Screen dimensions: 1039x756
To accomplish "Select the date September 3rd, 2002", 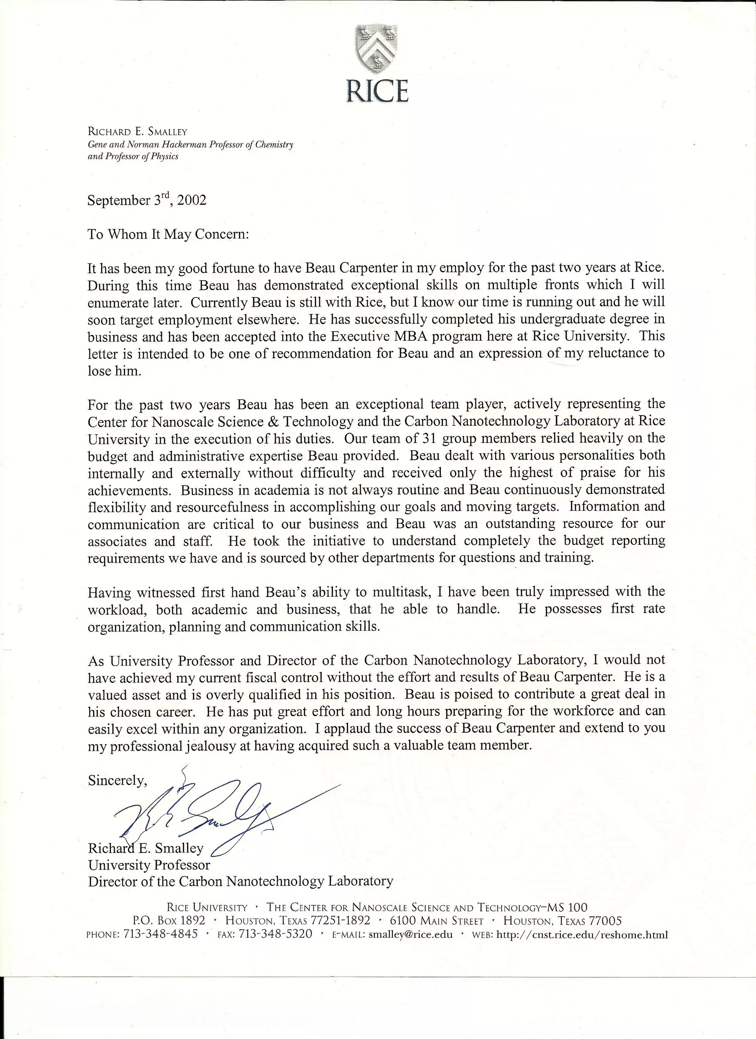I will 147,201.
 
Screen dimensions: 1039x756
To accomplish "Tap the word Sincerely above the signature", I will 117,780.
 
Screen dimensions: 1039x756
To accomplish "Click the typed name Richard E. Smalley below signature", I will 146,848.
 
